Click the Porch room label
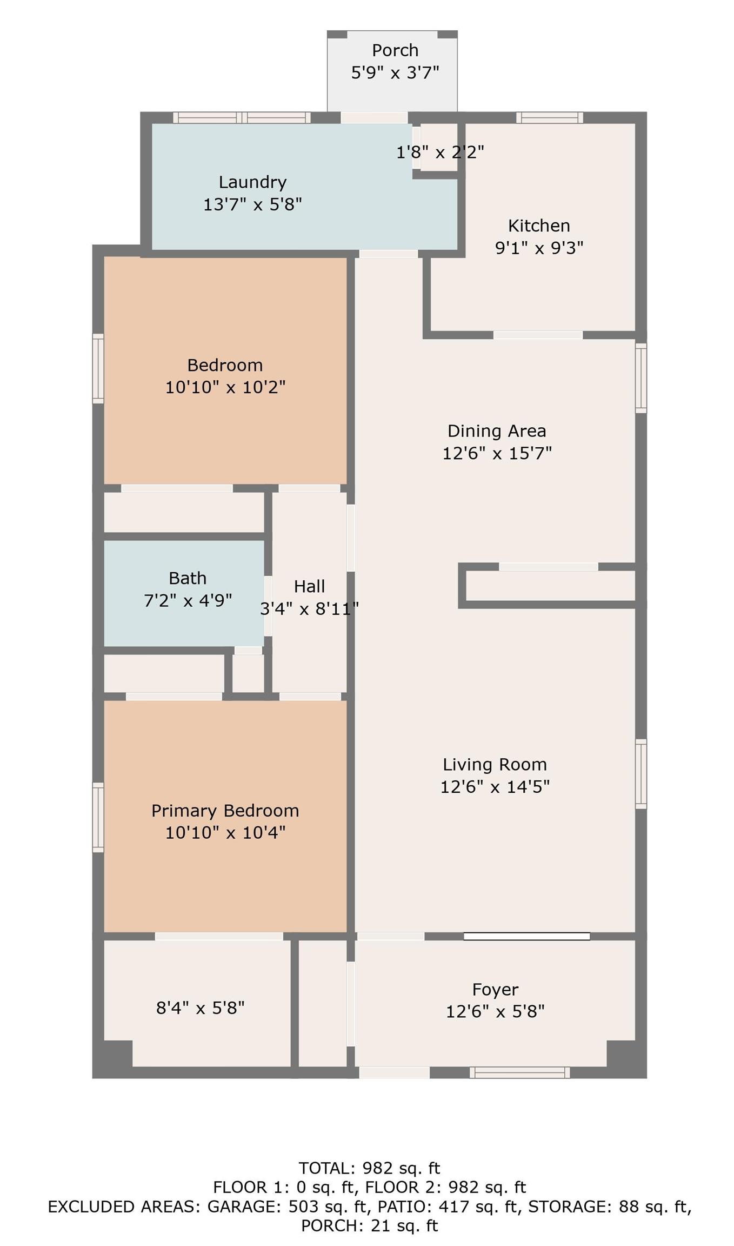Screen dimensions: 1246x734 pyautogui.click(x=395, y=50)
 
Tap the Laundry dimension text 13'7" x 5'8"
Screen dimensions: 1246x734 pyautogui.click(x=252, y=204)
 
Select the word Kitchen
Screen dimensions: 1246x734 pyautogui.click(x=539, y=226)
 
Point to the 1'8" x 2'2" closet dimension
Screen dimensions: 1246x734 pyautogui.click(x=440, y=153)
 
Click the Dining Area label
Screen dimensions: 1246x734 pyautogui.click(x=497, y=431)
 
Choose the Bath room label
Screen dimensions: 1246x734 pyautogui.click(x=188, y=578)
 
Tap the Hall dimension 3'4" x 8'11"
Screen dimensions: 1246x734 pyautogui.click(x=309, y=609)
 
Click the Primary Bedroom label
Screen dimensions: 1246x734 pyautogui.click(x=225, y=810)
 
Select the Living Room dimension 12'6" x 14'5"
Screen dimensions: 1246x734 pyautogui.click(x=495, y=786)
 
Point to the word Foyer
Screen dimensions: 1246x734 pyautogui.click(x=495, y=989)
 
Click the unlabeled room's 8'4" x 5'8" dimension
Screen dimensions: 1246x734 pyautogui.click(x=201, y=1008)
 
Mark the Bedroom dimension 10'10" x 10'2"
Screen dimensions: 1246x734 pyautogui.click(x=225, y=387)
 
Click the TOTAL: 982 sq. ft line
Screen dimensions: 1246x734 pyautogui.click(x=370, y=1168)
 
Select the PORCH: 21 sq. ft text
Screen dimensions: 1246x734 pyautogui.click(x=370, y=1225)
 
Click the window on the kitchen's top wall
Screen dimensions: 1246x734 pyautogui.click(x=550, y=117)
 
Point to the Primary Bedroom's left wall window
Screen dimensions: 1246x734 pyautogui.click(x=98, y=817)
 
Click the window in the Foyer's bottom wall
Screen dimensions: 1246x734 pyautogui.click(x=519, y=1072)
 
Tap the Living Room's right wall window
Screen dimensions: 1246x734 pyautogui.click(x=640, y=773)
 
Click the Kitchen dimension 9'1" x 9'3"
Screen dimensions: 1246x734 pyautogui.click(x=539, y=248)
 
